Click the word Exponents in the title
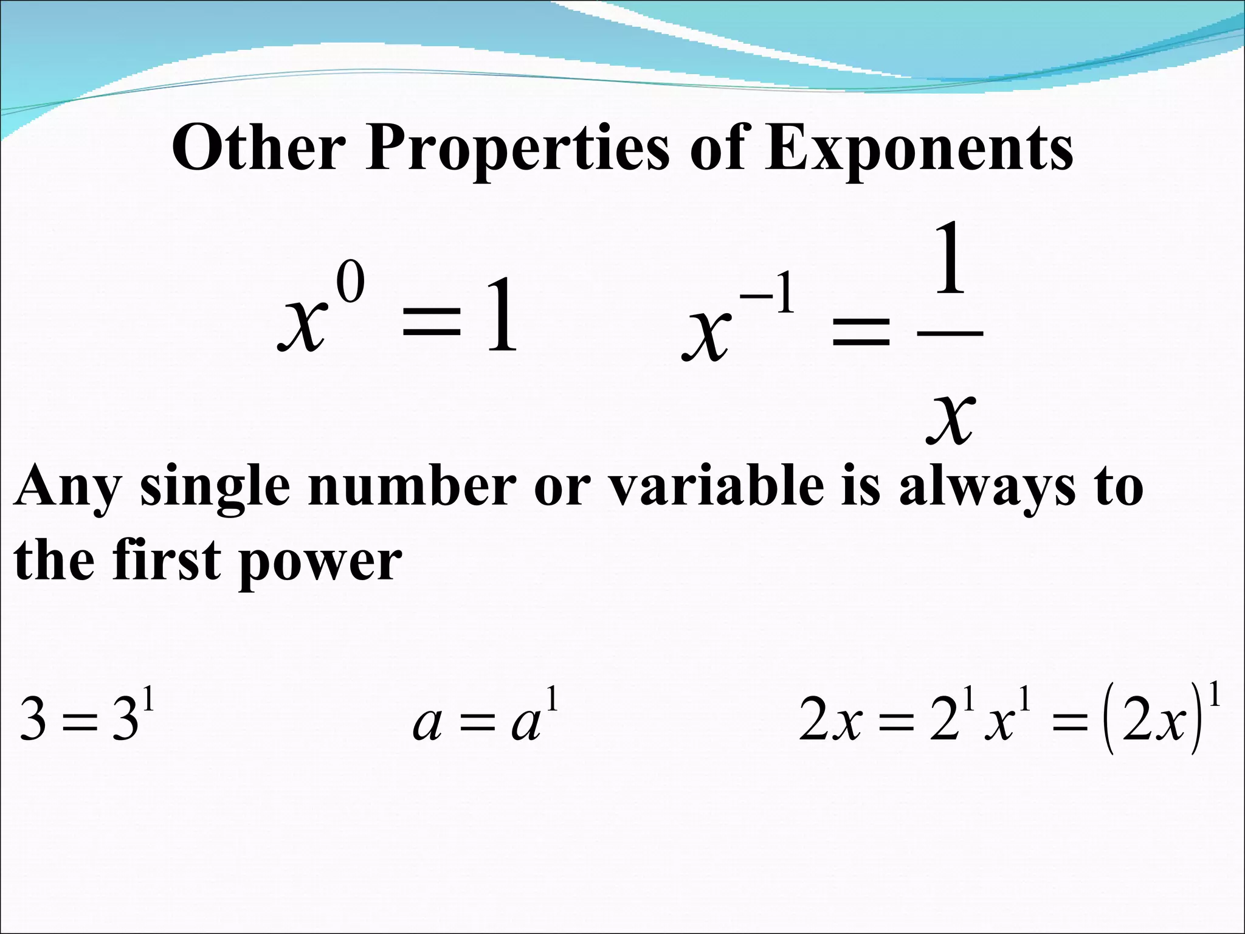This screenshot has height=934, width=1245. coord(918,150)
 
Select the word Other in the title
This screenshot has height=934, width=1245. coord(259,148)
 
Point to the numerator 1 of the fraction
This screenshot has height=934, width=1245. coord(950,258)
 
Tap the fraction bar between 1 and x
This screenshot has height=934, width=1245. coord(950,333)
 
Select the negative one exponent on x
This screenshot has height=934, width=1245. coord(767,296)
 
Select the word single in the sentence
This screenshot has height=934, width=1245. coord(215,490)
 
